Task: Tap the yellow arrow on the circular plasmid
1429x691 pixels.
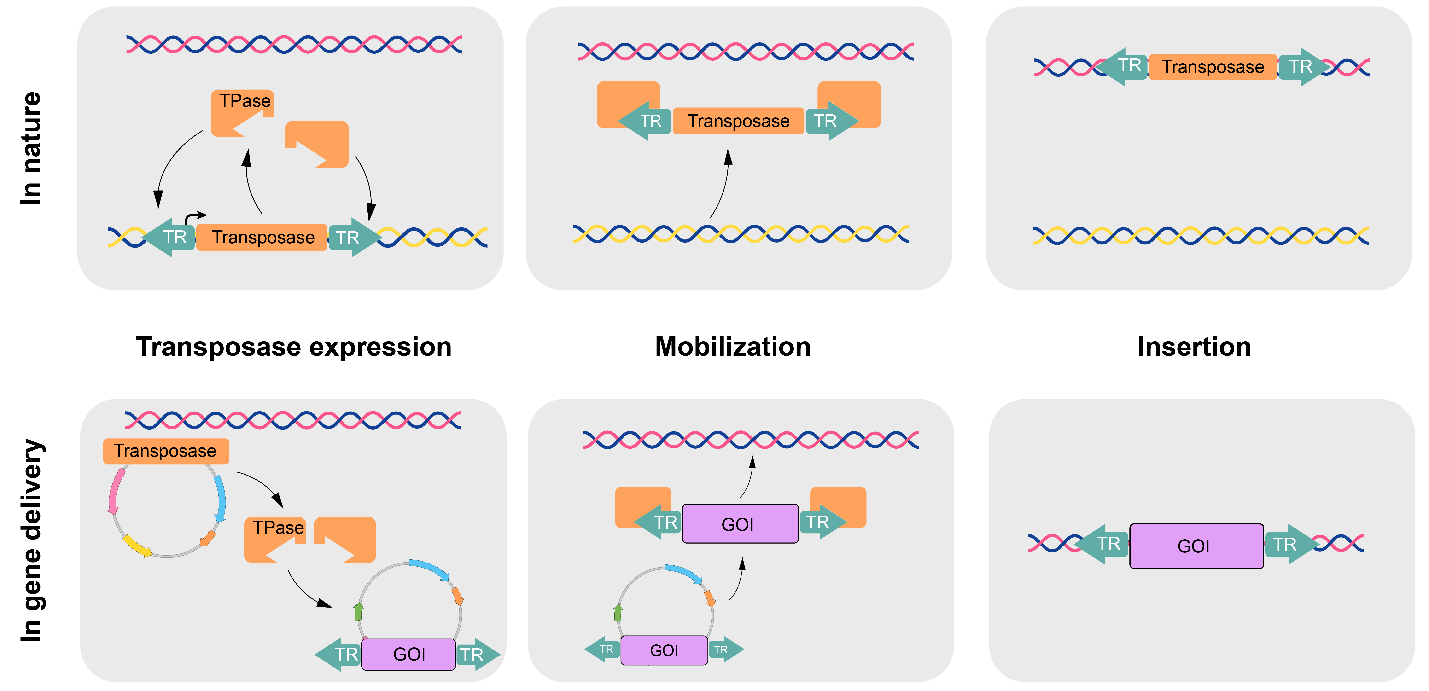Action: pos(136,545)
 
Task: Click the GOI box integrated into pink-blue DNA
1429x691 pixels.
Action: pos(1196,546)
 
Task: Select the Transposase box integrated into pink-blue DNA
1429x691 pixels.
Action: pos(1213,67)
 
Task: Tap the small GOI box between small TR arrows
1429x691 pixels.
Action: pos(664,650)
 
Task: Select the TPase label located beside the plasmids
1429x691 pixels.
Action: pos(278,527)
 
